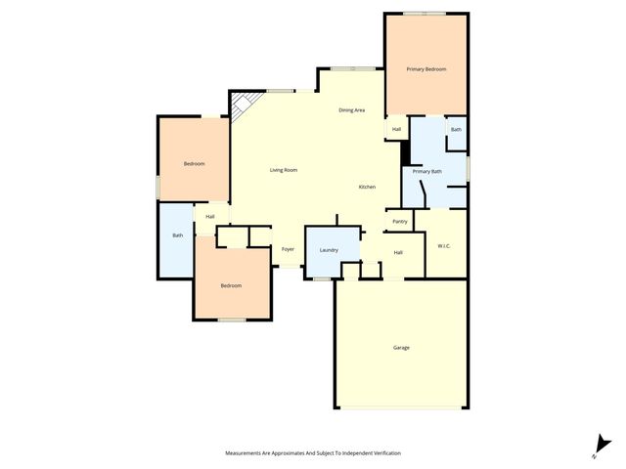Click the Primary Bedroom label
click(x=426, y=69)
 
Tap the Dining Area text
click(x=352, y=110)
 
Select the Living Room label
click(x=284, y=170)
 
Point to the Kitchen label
click(x=367, y=187)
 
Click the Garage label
click(x=401, y=348)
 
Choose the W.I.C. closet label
click(x=443, y=245)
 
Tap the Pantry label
click(x=399, y=222)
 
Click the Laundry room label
click(x=329, y=250)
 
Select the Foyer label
click(x=288, y=249)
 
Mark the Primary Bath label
click(x=426, y=172)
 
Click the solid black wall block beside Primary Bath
click(x=405, y=153)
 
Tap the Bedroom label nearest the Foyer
click(x=231, y=285)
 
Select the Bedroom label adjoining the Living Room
click(x=195, y=163)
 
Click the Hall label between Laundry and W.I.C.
click(x=398, y=253)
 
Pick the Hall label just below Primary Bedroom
click(x=396, y=129)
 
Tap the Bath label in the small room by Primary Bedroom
click(x=456, y=129)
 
